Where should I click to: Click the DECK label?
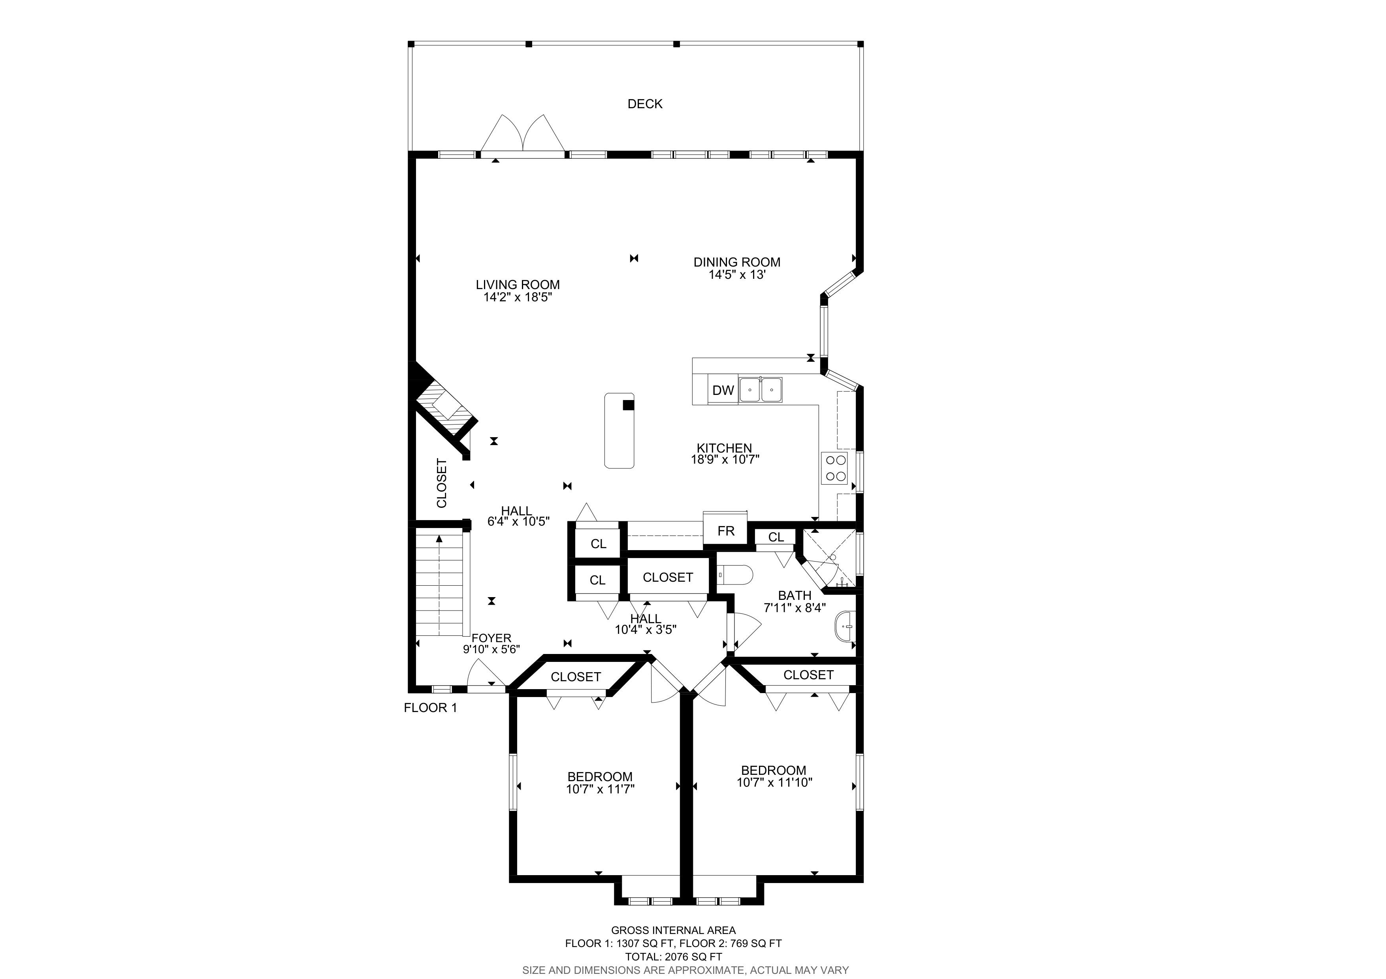[x=645, y=104]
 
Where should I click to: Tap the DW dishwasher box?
[x=723, y=390]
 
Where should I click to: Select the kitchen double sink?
[x=761, y=390]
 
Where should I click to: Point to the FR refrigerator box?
[x=726, y=530]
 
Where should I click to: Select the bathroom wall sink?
[x=845, y=627]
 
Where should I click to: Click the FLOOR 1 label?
[x=430, y=708]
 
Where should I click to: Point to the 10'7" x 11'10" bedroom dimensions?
[x=774, y=782]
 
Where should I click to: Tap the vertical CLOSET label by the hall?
[x=441, y=483]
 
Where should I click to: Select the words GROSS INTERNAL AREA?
[x=673, y=930]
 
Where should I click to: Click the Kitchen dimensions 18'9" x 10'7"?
[x=725, y=459]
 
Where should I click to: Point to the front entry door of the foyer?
[x=486, y=676]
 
